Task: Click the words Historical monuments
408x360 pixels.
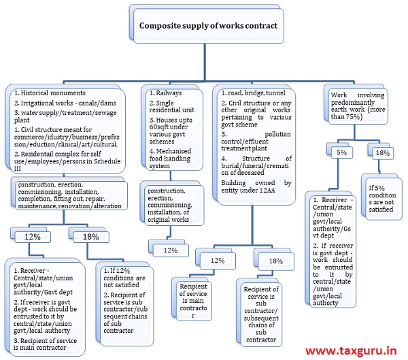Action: [49, 93]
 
